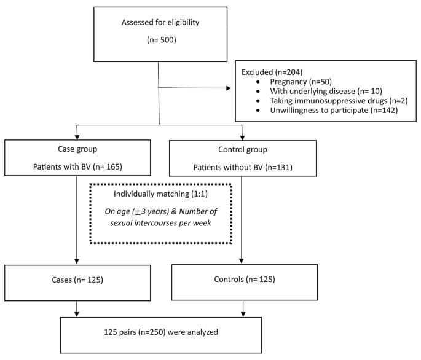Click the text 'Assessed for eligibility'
click(x=160, y=22)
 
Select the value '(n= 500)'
click(x=162, y=40)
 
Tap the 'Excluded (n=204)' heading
click(x=272, y=72)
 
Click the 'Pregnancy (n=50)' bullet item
click(x=301, y=82)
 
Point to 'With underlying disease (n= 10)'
click(x=326, y=92)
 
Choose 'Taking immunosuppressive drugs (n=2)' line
click(x=339, y=101)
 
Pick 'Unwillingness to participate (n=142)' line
click(x=334, y=111)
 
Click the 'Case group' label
click(x=77, y=149)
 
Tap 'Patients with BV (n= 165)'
click(x=77, y=167)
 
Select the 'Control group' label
click(x=243, y=150)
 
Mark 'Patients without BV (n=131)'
click(x=243, y=168)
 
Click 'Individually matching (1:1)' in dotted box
click(x=160, y=194)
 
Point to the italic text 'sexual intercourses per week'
click(x=160, y=223)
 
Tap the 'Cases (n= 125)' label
click(x=77, y=280)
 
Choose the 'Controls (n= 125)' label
click(x=245, y=279)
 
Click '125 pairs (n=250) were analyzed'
click(x=161, y=332)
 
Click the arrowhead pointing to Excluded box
click(x=229, y=88)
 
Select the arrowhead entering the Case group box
click(x=77, y=137)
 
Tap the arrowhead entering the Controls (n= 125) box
click(x=242, y=260)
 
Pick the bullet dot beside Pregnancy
click(x=258, y=82)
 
